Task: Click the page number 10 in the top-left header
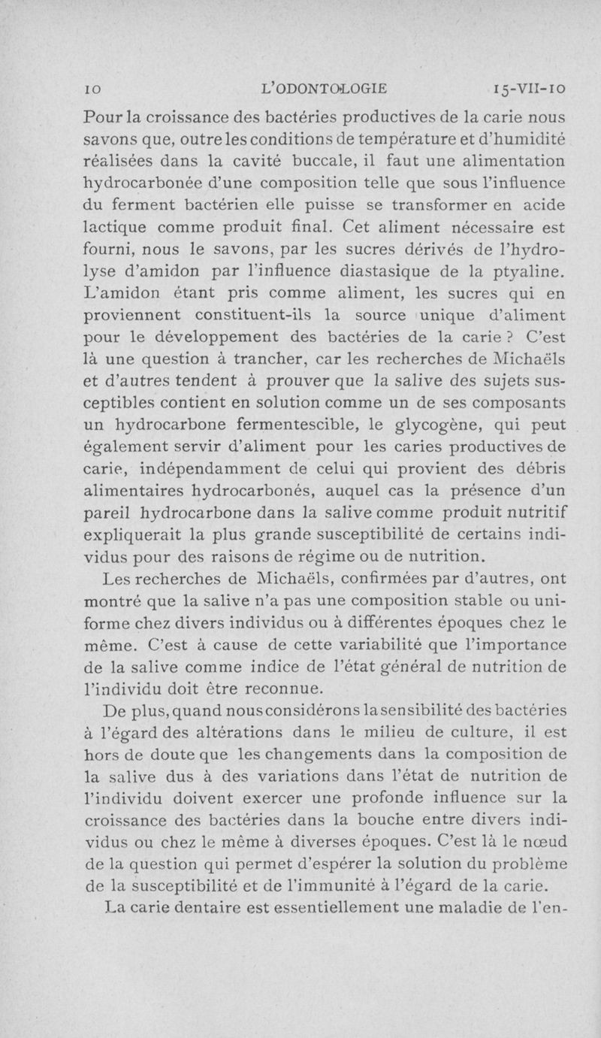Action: pyautogui.click(x=90, y=88)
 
